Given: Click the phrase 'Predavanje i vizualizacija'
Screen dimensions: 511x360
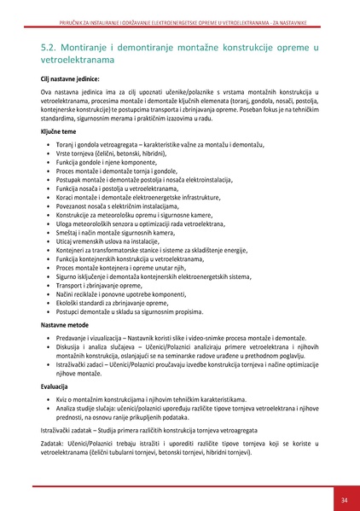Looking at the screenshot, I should (95, 339).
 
